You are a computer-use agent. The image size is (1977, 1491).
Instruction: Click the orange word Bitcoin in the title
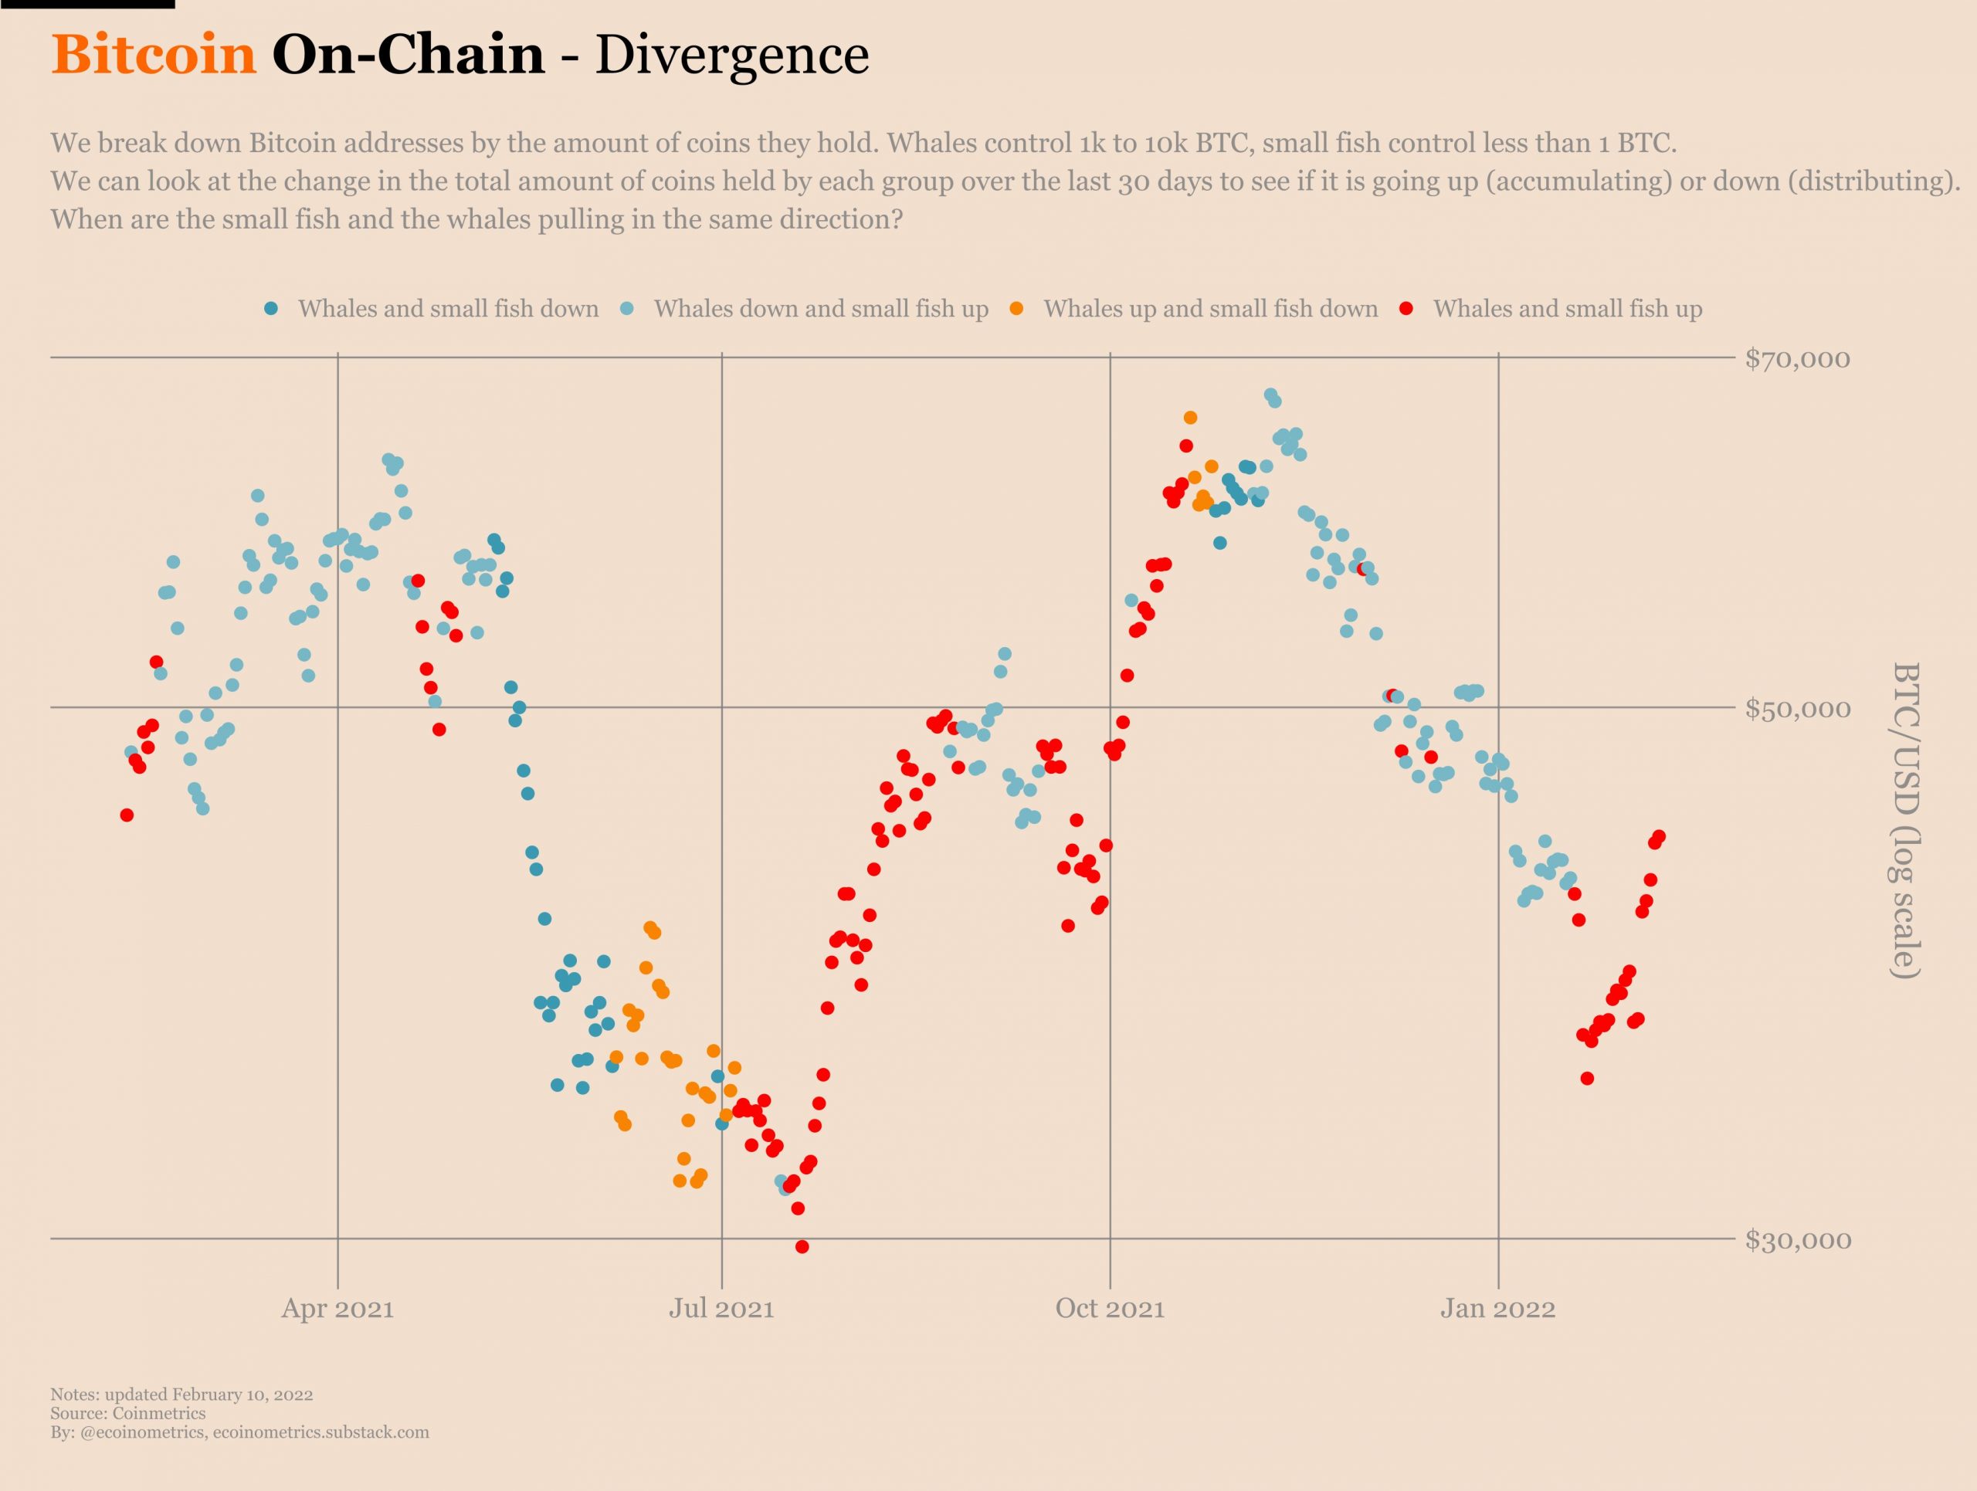[x=154, y=55]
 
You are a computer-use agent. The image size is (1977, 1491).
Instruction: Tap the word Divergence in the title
[x=731, y=55]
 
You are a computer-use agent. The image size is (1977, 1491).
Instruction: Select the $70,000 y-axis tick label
[x=1797, y=359]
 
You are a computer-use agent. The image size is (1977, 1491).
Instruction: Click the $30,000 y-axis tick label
[x=1797, y=1240]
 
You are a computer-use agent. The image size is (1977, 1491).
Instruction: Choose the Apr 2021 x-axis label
[x=337, y=1309]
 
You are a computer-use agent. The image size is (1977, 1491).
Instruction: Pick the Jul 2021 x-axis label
[x=721, y=1309]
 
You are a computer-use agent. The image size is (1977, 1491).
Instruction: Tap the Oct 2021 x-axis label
[x=1110, y=1309]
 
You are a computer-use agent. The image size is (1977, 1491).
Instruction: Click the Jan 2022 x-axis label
[x=1498, y=1309]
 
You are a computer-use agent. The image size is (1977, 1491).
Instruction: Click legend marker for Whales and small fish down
[x=272, y=309]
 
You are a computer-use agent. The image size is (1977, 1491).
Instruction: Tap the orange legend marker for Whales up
[x=1016, y=309]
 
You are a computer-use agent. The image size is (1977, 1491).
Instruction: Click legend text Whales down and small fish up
[x=820, y=309]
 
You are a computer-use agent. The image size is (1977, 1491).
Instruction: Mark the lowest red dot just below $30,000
[x=802, y=1247]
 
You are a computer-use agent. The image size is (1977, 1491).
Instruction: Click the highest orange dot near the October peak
[x=1189, y=418]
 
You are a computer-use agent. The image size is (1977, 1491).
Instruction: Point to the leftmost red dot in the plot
[x=127, y=815]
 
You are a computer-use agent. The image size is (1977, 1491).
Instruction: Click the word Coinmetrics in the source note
[x=159, y=1413]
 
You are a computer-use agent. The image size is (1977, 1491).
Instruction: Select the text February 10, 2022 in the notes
[x=242, y=1394]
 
